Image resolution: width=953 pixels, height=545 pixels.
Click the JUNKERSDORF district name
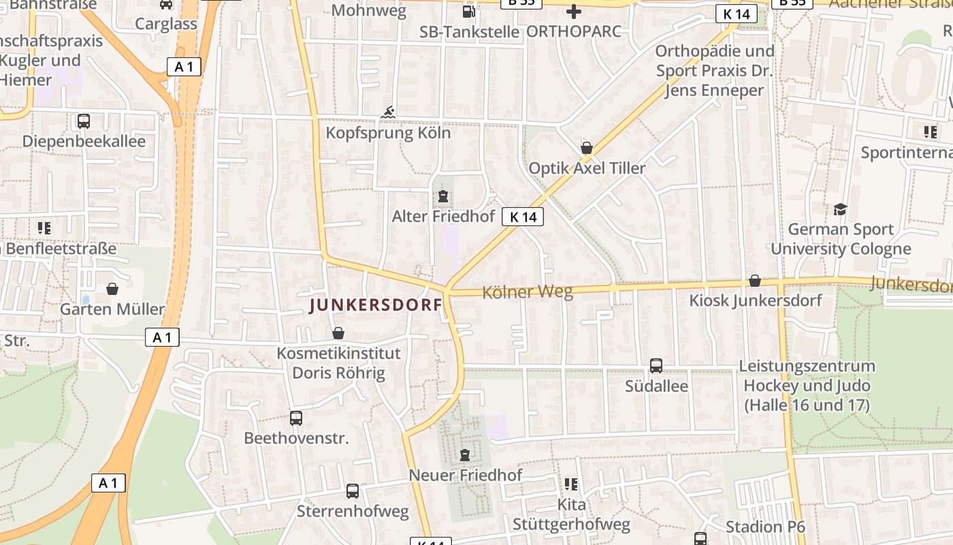coord(376,305)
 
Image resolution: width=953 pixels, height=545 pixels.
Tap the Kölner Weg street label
coord(527,292)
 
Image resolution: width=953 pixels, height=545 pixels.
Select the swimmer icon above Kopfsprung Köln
coord(388,112)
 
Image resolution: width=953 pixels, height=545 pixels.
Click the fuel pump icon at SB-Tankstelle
coord(468,11)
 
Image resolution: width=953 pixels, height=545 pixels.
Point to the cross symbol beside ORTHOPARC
coord(574,11)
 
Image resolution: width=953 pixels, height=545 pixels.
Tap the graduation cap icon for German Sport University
coord(841,209)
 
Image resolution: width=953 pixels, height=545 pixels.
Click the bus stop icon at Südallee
coord(656,366)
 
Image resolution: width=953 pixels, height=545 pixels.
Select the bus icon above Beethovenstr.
coord(296,418)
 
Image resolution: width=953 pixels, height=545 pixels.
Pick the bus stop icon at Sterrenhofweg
coord(353,491)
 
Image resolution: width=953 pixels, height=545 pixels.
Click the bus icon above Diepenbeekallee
coord(84,121)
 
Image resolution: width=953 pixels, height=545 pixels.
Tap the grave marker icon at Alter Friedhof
coord(443,197)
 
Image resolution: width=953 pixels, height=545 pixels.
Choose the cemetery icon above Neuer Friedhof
coord(465,454)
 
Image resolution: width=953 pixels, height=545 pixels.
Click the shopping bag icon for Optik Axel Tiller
coord(586,148)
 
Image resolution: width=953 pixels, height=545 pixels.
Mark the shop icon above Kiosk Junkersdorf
coord(754,281)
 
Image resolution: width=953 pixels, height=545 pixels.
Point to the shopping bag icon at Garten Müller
coord(112,290)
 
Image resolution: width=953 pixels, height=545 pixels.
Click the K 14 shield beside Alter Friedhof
coord(523,217)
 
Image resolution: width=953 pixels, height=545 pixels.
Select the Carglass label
coord(166,24)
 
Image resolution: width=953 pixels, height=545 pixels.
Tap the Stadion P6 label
coord(765,527)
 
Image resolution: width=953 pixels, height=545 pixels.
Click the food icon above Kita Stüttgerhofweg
coord(570,484)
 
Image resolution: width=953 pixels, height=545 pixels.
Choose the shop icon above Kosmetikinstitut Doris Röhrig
coord(338,333)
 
